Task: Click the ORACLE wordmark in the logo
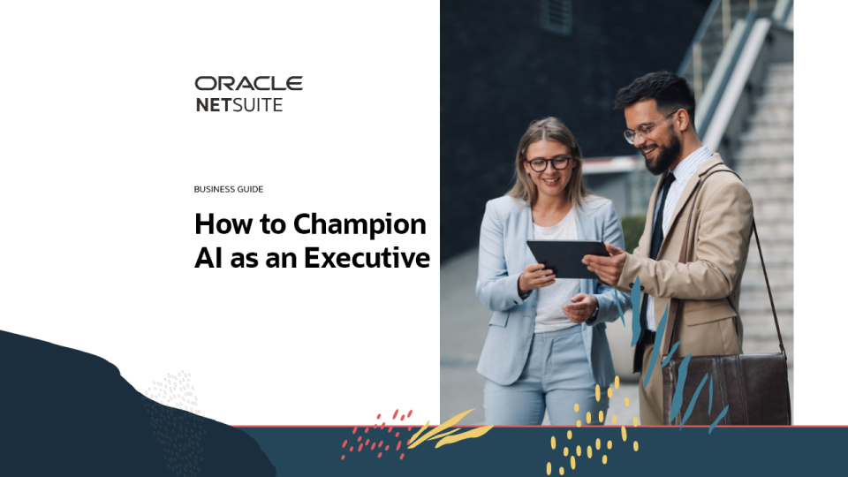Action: tap(249, 83)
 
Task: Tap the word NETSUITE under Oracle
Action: tap(239, 105)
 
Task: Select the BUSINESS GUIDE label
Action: tap(229, 189)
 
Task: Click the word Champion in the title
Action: tap(360, 225)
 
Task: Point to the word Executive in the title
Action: tap(367, 257)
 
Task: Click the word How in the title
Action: tap(223, 223)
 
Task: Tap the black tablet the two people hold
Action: tap(567, 258)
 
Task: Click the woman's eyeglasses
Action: tap(549, 163)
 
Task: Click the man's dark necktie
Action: tap(655, 244)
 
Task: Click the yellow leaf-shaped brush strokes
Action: tap(449, 429)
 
